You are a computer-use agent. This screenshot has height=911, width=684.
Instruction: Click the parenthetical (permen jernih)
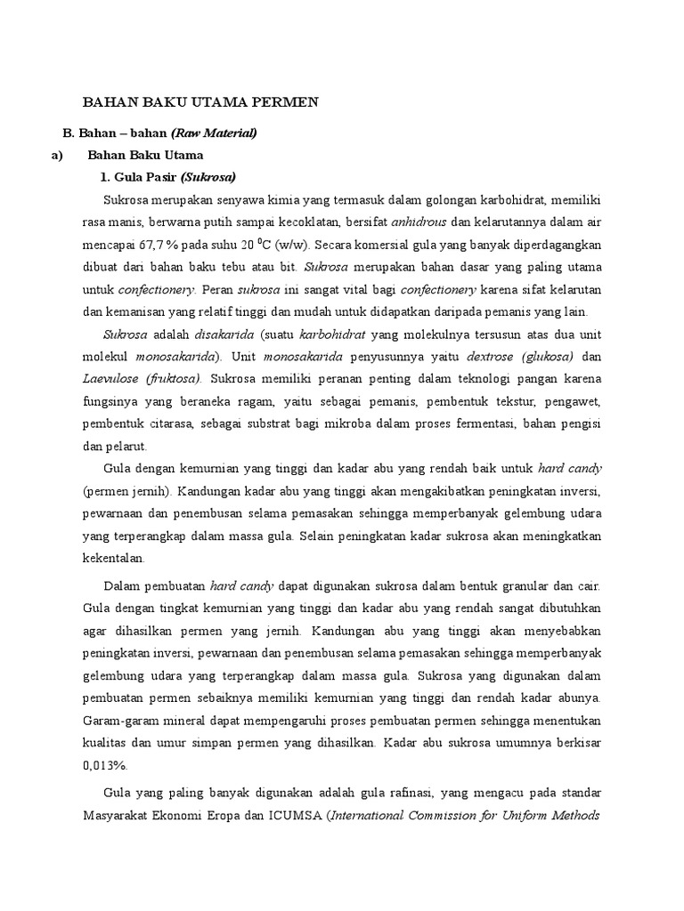pyautogui.click(x=124, y=490)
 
